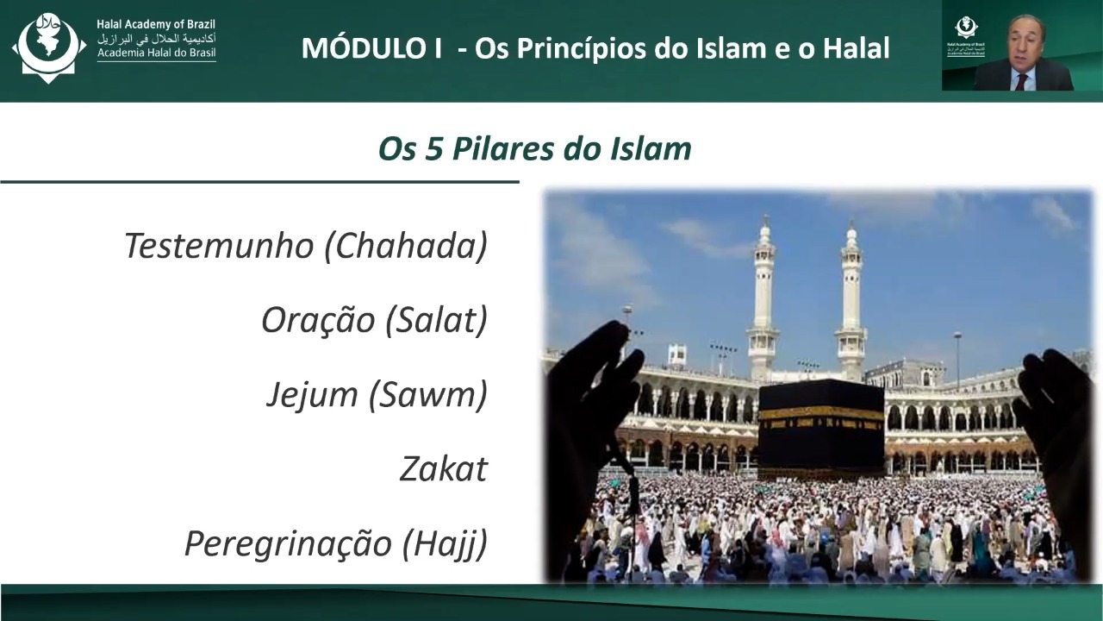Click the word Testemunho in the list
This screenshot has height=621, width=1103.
(x=219, y=246)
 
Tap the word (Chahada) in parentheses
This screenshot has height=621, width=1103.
(x=406, y=246)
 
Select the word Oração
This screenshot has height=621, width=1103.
(x=318, y=320)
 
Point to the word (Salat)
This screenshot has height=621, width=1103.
(x=437, y=320)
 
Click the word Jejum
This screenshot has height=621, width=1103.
(x=312, y=395)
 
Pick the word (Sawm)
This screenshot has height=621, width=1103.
(x=428, y=395)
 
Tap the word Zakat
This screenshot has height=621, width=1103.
(x=444, y=469)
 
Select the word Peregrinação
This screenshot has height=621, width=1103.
(x=288, y=543)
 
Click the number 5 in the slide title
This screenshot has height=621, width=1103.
(x=433, y=149)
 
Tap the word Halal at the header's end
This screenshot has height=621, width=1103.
(x=857, y=48)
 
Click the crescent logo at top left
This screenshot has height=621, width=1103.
(x=48, y=47)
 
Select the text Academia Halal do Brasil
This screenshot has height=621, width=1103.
(x=156, y=53)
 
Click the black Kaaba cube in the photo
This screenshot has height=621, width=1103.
(x=821, y=426)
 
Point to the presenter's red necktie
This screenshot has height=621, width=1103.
(x=1021, y=82)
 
